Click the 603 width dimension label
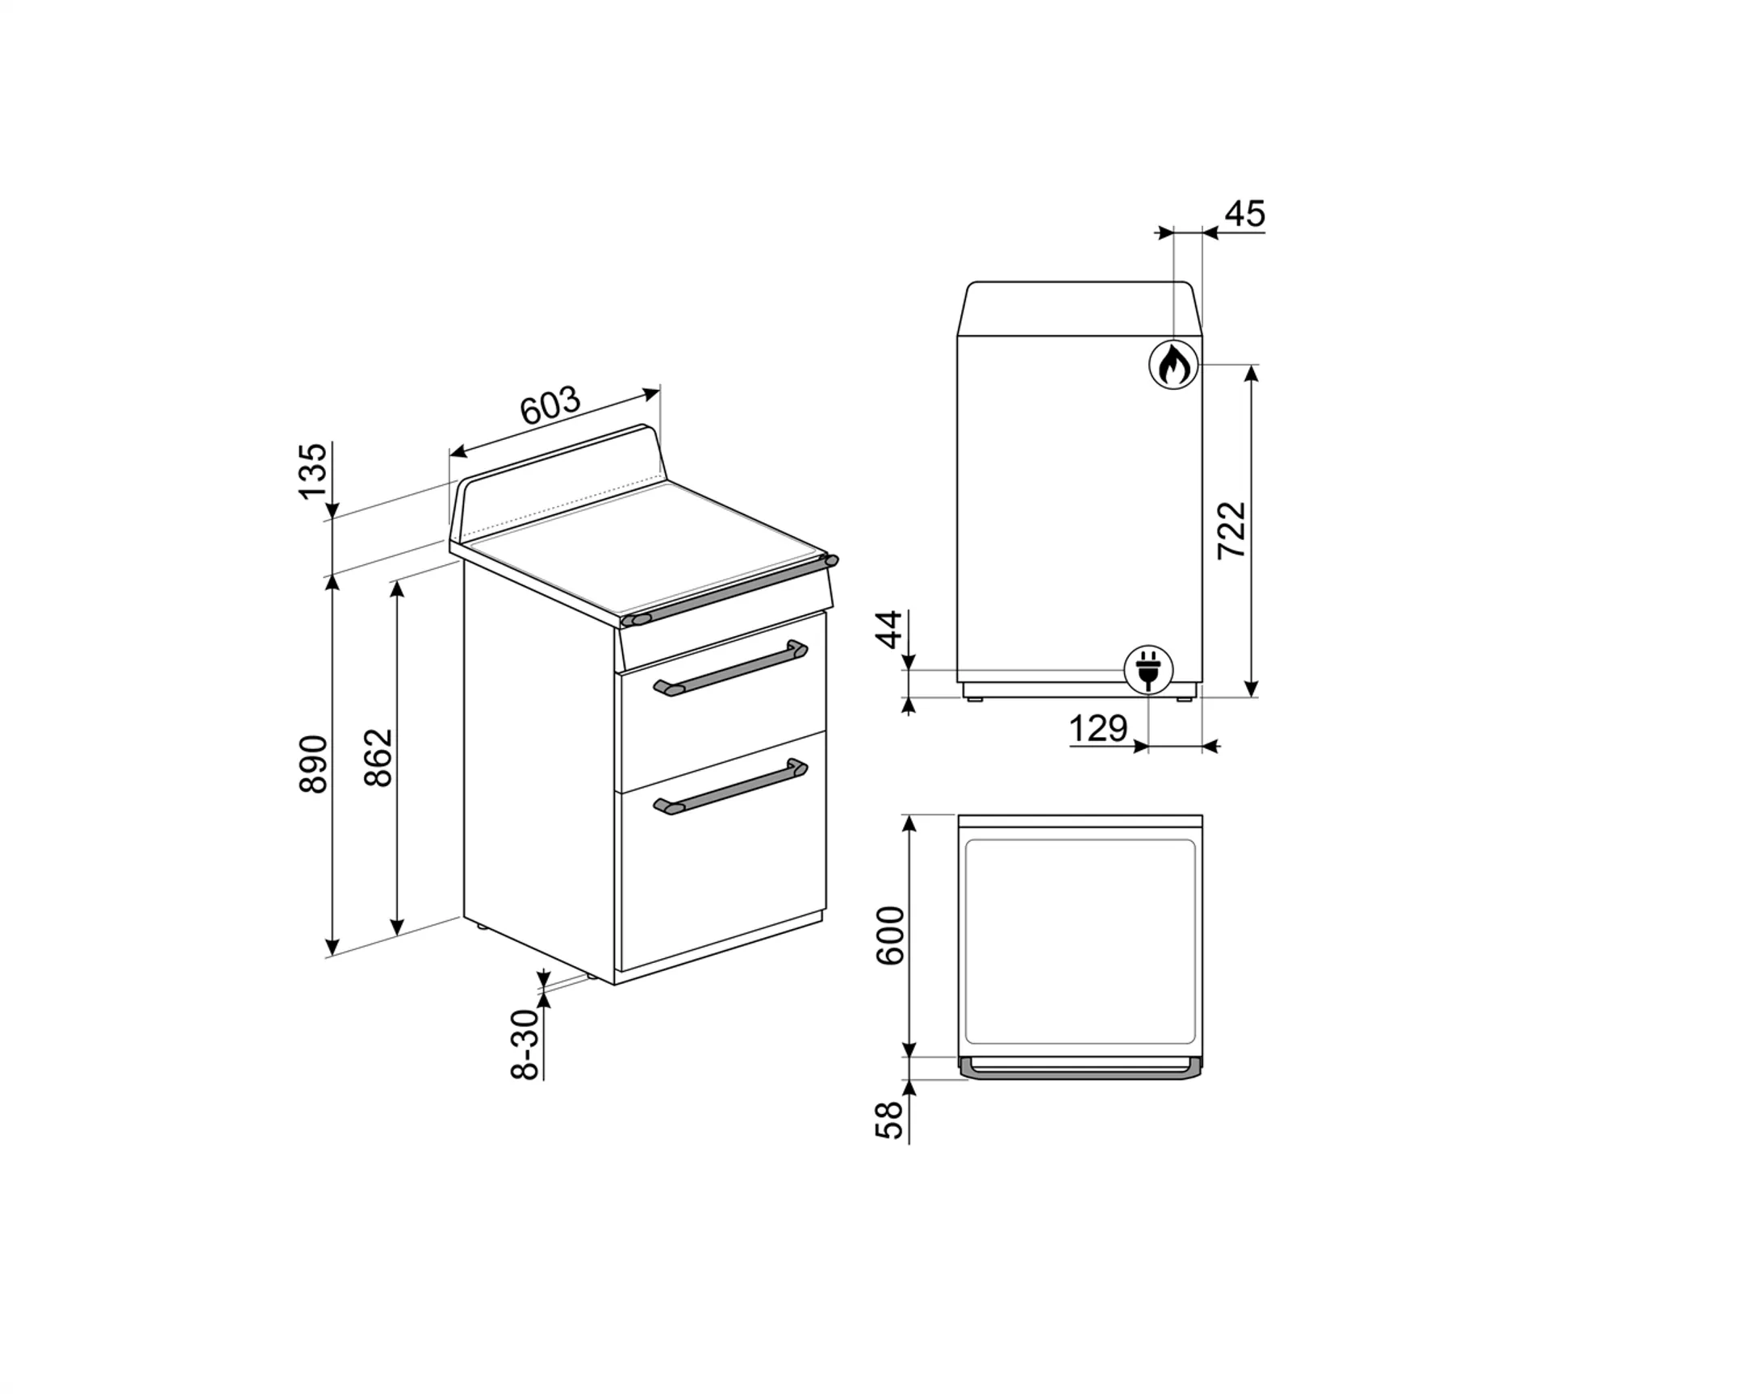pos(550,406)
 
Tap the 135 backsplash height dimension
pos(314,471)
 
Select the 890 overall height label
pos(314,764)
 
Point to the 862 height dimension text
pos(378,758)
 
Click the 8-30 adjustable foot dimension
pos(525,1044)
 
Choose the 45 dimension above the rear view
pos(1244,214)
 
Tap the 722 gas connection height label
pos(1233,530)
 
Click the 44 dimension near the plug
pos(889,630)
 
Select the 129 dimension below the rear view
pos(1098,730)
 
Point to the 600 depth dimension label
pos(890,936)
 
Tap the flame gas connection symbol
pos(1173,366)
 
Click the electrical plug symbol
pos(1149,670)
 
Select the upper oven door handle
pos(730,668)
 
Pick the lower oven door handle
pos(730,787)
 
